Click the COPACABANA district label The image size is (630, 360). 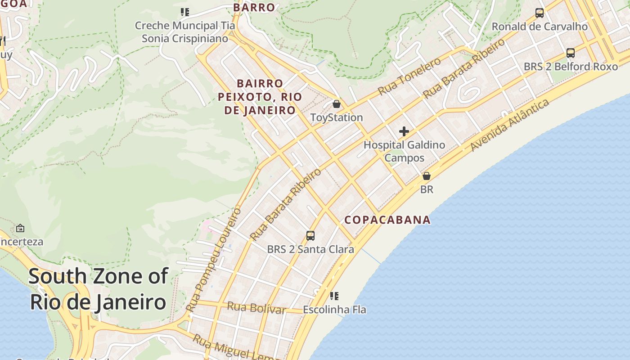click(x=387, y=220)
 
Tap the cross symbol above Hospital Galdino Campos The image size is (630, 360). click(x=404, y=131)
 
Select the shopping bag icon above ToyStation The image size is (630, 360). click(x=336, y=104)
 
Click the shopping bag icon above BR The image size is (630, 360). click(x=427, y=176)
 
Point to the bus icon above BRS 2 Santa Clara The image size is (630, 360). click(x=310, y=235)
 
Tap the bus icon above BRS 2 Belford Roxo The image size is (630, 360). click(x=571, y=53)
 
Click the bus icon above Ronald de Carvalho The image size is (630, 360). click(x=540, y=13)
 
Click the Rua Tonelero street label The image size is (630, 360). click(x=409, y=76)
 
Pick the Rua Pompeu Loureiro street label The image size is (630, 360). click(x=214, y=260)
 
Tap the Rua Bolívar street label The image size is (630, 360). click(x=256, y=308)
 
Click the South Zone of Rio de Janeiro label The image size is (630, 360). click(x=98, y=289)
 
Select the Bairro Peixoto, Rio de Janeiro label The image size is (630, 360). click(x=260, y=97)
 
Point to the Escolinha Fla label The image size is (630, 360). click(x=334, y=310)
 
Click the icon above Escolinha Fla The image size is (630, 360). click(x=334, y=296)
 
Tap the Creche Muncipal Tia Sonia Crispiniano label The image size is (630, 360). click(x=185, y=32)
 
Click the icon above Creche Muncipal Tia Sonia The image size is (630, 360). click(x=185, y=12)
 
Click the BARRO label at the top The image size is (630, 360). click(x=254, y=8)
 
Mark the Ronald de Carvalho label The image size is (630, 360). click(x=540, y=27)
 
